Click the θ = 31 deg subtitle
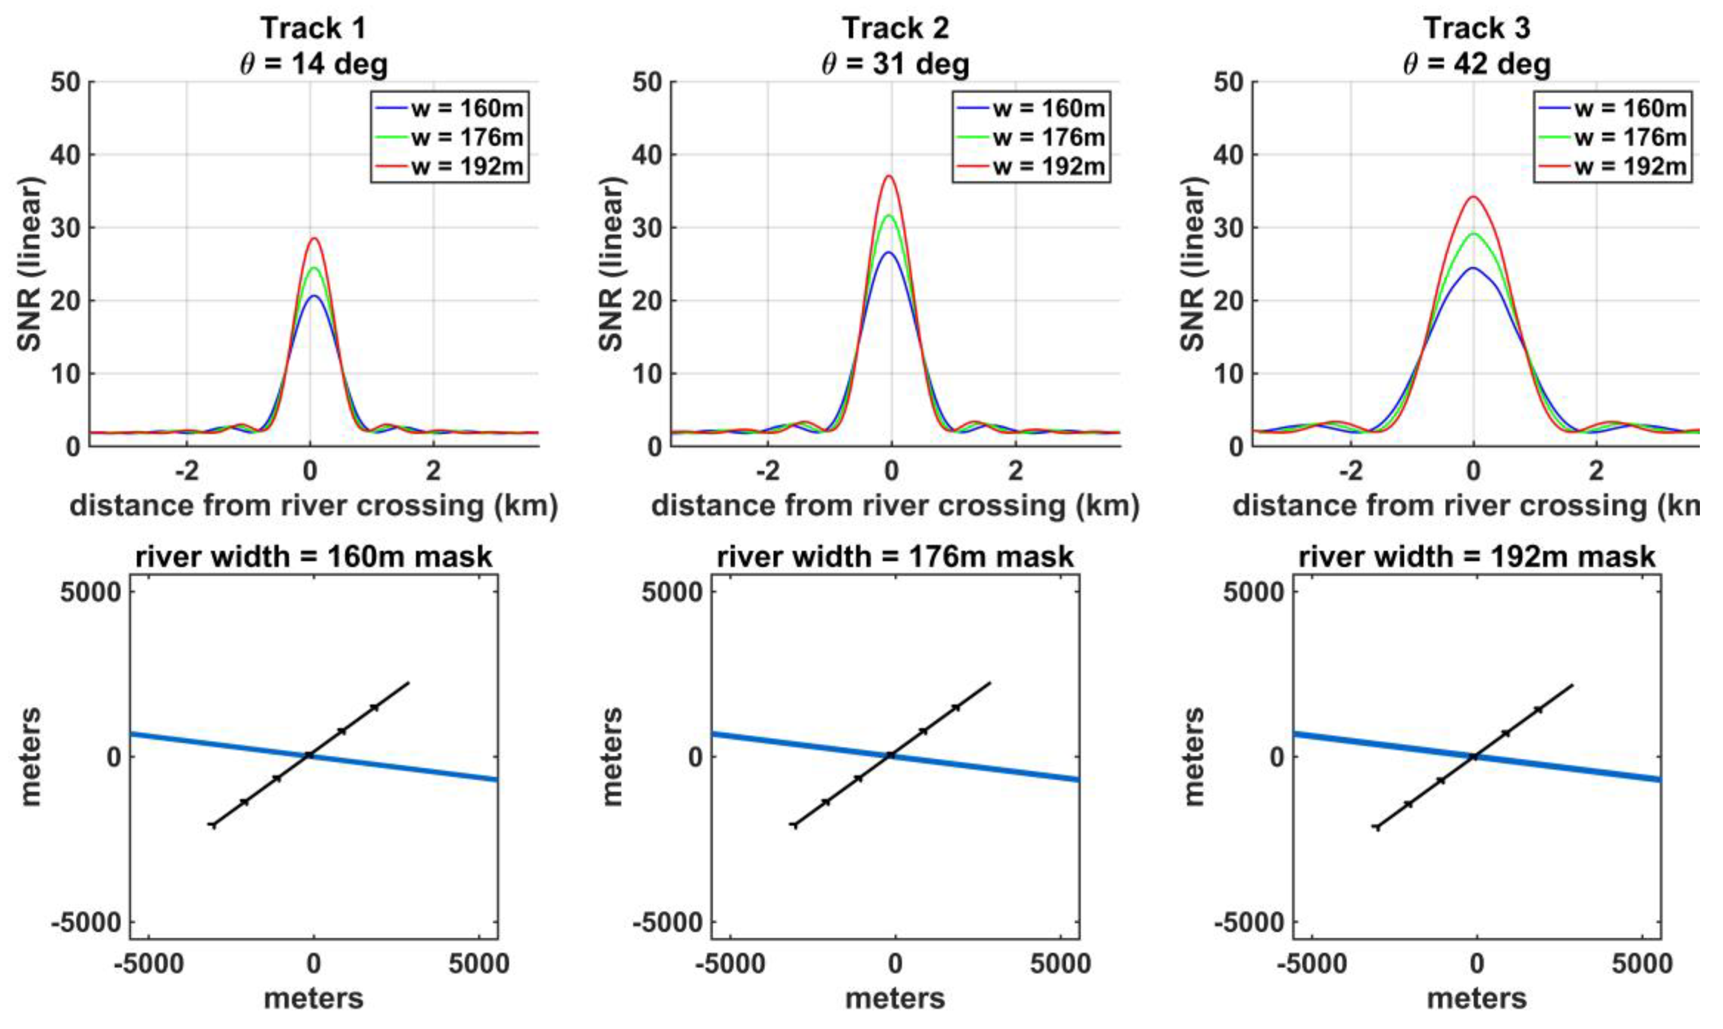(895, 64)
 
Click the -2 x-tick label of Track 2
(767, 472)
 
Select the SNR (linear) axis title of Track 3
(1194, 264)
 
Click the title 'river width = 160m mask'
(313, 557)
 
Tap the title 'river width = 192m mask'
(1477, 557)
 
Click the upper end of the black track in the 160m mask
(409, 683)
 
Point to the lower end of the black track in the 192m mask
(1376, 828)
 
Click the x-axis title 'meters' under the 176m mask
(895, 999)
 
